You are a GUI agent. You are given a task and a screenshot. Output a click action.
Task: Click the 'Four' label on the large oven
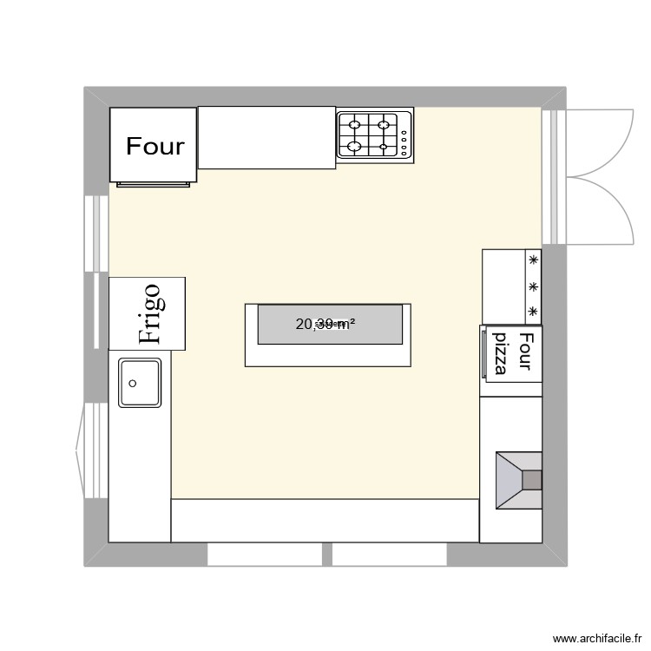click(155, 146)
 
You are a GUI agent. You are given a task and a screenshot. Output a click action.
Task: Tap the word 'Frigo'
click(149, 314)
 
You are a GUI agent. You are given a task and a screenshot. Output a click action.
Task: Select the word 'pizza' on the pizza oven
click(502, 352)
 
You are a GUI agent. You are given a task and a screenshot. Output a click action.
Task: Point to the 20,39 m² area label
click(325, 325)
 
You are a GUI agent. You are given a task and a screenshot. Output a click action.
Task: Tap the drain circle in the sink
click(133, 382)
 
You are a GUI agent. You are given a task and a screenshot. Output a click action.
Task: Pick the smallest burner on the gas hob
click(384, 147)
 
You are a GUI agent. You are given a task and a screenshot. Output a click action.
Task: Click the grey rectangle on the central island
click(329, 324)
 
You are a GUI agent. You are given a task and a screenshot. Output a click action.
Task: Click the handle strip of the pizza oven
click(483, 353)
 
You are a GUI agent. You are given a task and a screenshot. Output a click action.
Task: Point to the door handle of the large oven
click(153, 184)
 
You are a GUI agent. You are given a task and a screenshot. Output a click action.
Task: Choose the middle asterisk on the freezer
click(533, 286)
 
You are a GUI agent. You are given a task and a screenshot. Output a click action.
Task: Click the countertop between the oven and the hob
click(266, 137)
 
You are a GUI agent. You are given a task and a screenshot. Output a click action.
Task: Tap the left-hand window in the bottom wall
click(265, 554)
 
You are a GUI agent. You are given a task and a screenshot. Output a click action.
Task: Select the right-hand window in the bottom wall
click(389, 554)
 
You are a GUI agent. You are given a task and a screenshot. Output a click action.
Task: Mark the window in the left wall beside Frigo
click(96, 234)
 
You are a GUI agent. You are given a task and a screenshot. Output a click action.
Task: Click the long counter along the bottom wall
click(325, 521)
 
